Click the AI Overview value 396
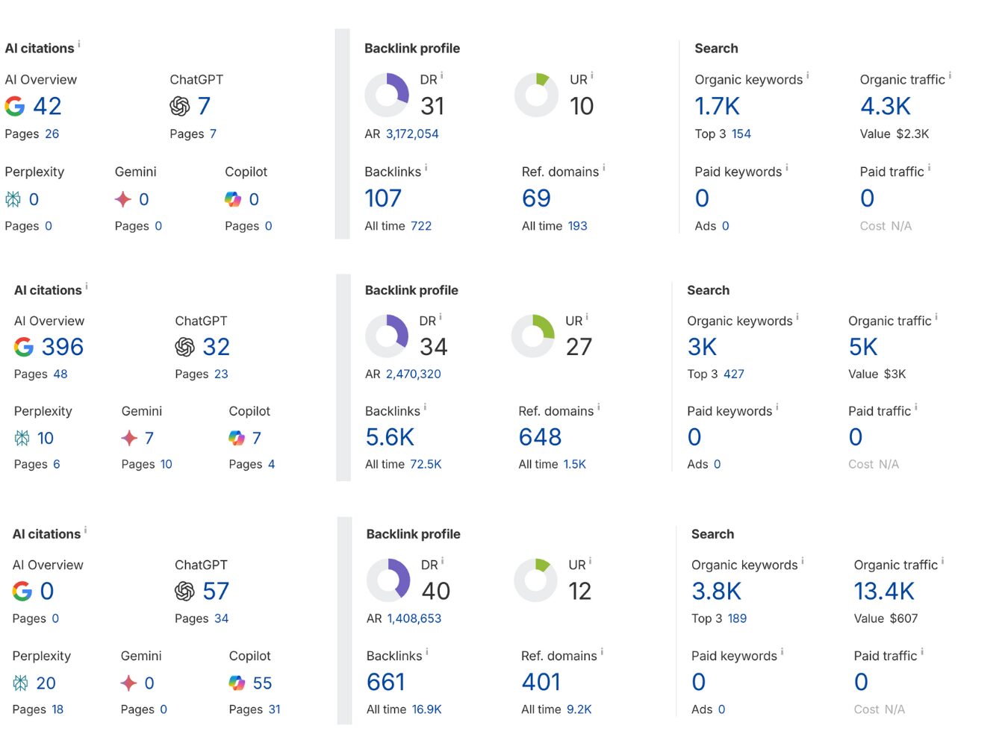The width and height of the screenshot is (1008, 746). [62, 347]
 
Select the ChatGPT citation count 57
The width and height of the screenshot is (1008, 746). [216, 592]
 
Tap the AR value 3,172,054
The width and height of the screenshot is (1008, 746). [412, 134]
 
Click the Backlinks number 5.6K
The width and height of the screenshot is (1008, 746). [390, 438]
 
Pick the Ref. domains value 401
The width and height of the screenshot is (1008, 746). [541, 682]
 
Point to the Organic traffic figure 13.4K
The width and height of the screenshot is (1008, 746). [884, 592]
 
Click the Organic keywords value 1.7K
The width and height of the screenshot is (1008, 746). [717, 107]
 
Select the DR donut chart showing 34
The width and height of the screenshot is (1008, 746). [387, 336]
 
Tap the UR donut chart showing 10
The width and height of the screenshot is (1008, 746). [536, 95]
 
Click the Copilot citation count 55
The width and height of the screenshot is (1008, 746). [262, 683]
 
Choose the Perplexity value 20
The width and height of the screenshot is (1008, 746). [46, 683]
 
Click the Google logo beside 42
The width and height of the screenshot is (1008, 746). [15, 107]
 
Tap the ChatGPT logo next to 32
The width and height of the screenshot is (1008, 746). [184, 347]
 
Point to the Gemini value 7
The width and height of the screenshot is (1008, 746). [149, 439]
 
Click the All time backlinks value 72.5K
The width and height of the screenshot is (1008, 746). [426, 464]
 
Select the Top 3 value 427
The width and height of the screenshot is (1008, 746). [733, 374]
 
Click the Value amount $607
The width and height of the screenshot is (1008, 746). [903, 618]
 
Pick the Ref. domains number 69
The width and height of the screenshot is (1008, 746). [536, 198]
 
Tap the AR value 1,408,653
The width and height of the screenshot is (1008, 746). [414, 618]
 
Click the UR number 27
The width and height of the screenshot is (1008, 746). [579, 347]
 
